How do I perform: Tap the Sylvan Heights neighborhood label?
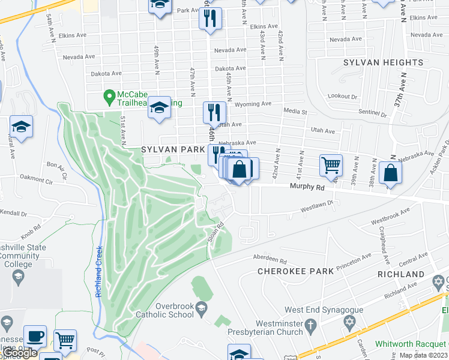coord(384,62)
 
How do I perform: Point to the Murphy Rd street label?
coord(307,187)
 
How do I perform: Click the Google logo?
coord(20,353)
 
